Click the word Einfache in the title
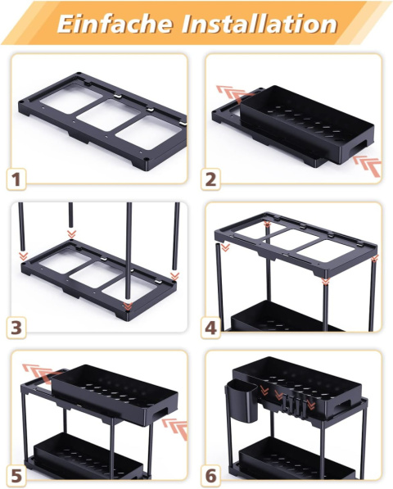pyautogui.click(x=115, y=24)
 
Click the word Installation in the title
pyautogui.click(x=260, y=24)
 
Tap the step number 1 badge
pyautogui.click(x=16, y=179)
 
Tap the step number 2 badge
pyautogui.click(x=210, y=179)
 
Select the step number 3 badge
pyautogui.click(x=16, y=328)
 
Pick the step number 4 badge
pyautogui.click(x=210, y=328)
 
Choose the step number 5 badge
pyautogui.click(x=16, y=477)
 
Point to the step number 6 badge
pyautogui.click(x=210, y=477)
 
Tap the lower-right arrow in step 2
pyautogui.click(x=368, y=165)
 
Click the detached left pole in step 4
pyautogui.click(x=219, y=287)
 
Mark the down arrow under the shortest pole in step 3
pyautogui.click(x=72, y=234)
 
